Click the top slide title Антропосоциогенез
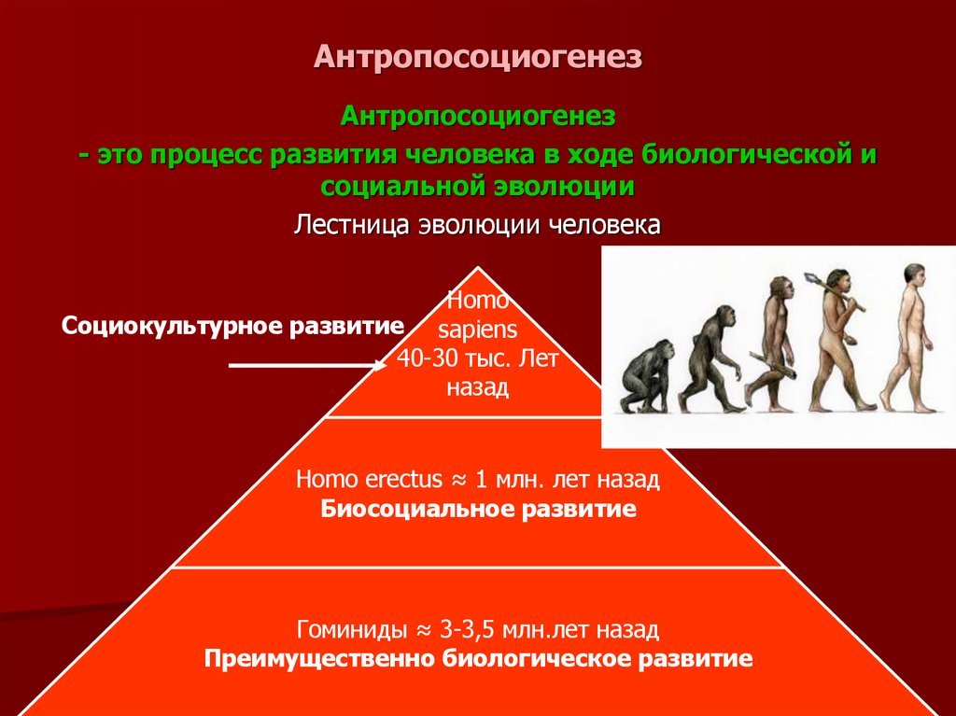coord(477,59)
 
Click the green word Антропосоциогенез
coord(477,118)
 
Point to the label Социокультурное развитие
coord(233,326)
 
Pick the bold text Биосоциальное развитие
coord(478,510)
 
